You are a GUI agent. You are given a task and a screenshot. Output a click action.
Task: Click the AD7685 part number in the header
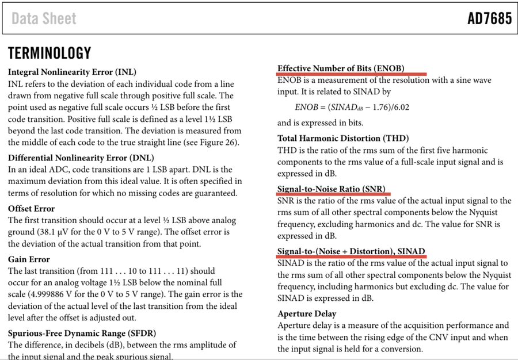pos(489,18)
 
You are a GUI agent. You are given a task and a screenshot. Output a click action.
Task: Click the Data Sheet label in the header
pos(44,19)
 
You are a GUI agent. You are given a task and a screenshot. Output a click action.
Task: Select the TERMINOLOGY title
pos(49,53)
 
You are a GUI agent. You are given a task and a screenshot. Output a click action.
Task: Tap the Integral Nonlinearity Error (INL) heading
pos(72,72)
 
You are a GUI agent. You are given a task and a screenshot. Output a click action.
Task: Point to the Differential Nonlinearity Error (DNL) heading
pos(81,158)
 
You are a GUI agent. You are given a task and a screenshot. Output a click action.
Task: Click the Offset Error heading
pos(32,208)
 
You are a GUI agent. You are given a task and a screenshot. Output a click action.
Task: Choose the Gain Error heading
pos(29,259)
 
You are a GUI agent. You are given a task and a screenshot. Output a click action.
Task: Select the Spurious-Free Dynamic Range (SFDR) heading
pos(82,333)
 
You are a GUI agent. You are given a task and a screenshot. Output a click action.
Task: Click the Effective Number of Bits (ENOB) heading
pos(341,68)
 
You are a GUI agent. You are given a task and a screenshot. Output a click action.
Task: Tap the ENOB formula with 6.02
pos(352,107)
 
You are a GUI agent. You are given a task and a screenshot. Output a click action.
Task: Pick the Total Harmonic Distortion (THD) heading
pos(343,138)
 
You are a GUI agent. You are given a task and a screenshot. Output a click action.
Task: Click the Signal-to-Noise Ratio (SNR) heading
pos(331,189)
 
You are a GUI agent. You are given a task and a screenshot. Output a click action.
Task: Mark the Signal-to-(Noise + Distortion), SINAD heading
pos(351,251)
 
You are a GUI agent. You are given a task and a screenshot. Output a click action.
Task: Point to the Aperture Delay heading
pos(307,313)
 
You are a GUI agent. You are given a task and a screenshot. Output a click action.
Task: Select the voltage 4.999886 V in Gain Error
pos(53,294)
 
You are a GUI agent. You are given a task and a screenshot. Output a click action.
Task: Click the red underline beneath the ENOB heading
pos(352,74)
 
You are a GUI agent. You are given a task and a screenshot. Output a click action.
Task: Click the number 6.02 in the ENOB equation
pos(401,107)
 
